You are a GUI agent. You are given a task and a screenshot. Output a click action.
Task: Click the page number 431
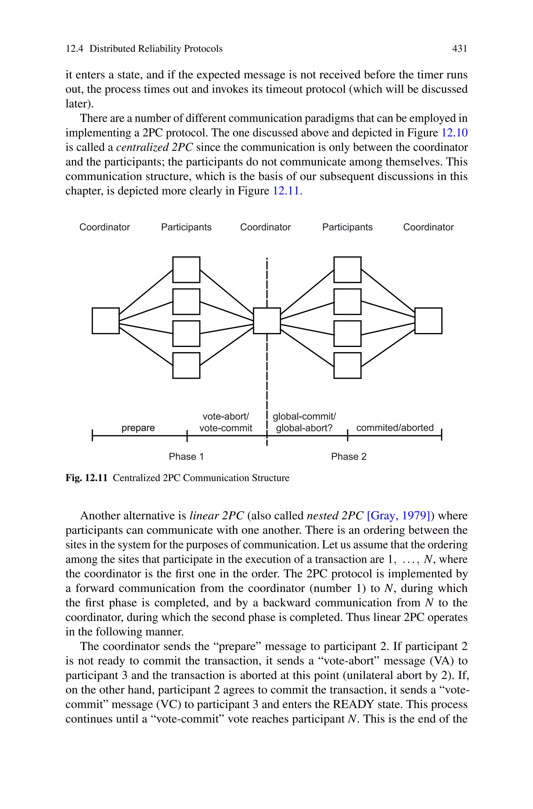click(460, 49)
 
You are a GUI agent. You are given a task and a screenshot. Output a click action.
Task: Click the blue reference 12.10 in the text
click(454, 133)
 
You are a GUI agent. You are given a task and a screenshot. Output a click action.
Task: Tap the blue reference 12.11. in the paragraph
click(287, 191)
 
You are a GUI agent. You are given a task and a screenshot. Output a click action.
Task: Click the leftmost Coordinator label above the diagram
click(105, 227)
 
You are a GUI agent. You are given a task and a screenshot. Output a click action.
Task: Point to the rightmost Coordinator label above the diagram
click(428, 227)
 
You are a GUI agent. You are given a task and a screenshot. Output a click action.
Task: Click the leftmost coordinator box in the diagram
click(106, 321)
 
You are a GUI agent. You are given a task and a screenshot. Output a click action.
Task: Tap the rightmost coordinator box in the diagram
click(428, 321)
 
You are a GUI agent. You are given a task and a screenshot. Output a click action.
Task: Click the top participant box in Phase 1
click(186, 270)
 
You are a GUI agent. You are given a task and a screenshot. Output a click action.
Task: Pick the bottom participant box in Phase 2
click(347, 365)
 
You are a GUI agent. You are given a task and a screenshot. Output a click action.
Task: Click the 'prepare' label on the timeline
click(138, 428)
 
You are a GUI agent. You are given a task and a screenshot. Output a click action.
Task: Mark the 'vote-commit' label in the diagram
click(226, 428)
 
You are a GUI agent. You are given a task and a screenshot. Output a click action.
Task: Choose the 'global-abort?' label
click(304, 428)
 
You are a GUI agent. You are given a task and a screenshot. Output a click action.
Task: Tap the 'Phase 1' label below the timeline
click(186, 456)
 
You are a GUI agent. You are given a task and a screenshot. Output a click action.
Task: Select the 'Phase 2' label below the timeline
click(349, 456)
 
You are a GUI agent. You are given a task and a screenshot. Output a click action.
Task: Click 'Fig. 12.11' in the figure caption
click(86, 478)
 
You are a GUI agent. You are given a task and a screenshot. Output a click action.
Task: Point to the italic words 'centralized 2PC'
click(155, 147)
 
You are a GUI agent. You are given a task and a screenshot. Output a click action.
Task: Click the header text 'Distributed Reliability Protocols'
click(156, 49)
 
